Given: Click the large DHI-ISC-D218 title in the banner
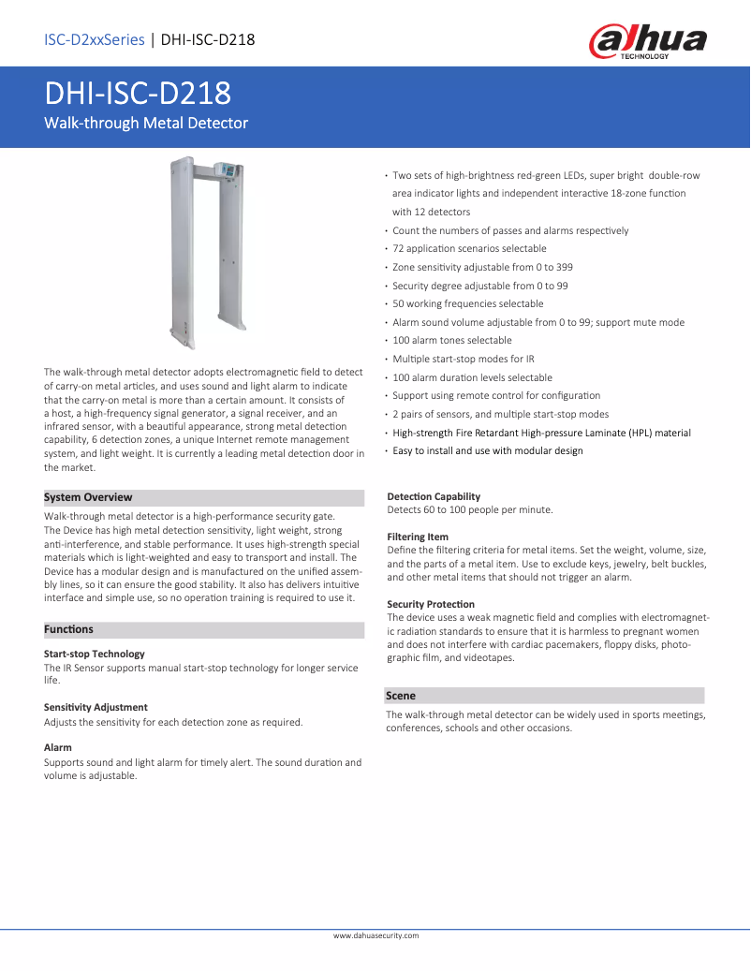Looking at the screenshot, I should point(139,94).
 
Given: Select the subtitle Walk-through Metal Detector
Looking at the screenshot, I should point(146,123).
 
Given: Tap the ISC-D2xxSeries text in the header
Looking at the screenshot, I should point(94,39).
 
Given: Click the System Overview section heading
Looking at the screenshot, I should point(89,497).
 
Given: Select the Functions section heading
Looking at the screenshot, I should point(69,629).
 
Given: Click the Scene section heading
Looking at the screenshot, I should point(401,696).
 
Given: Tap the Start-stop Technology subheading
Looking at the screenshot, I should point(95,654).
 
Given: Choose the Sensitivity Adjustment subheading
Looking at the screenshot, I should point(96,707).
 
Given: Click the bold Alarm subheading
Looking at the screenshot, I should point(58,748).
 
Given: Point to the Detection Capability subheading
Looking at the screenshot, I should point(434,496).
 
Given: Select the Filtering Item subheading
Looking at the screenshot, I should point(418,537).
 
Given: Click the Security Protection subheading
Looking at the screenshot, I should point(431,604).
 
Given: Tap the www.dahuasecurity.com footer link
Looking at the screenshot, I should point(376,935).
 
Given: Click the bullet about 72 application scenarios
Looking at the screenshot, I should point(469,249).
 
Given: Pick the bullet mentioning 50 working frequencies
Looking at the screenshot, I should point(467,303).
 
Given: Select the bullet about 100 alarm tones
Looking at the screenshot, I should point(452,340).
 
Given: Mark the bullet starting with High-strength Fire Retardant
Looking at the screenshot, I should point(541,433).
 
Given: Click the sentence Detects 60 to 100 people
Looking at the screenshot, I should point(470,509).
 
